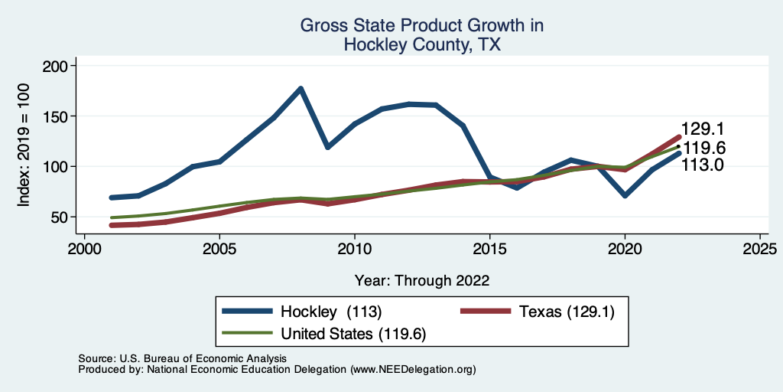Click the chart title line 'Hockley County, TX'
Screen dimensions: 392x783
[x=422, y=45]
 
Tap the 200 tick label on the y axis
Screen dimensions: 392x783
[x=58, y=66]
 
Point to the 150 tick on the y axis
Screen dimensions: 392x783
[x=58, y=116]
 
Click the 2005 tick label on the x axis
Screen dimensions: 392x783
[x=219, y=250]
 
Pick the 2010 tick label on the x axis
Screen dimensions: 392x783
[x=354, y=250]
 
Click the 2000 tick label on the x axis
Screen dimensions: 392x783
[x=84, y=250]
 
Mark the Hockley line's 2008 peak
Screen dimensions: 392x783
[x=301, y=89]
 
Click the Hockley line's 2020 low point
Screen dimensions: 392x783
[x=625, y=195]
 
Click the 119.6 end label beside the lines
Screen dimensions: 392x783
[x=703, y=148]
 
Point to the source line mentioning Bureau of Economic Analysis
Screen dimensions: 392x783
[x=182, y=358]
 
